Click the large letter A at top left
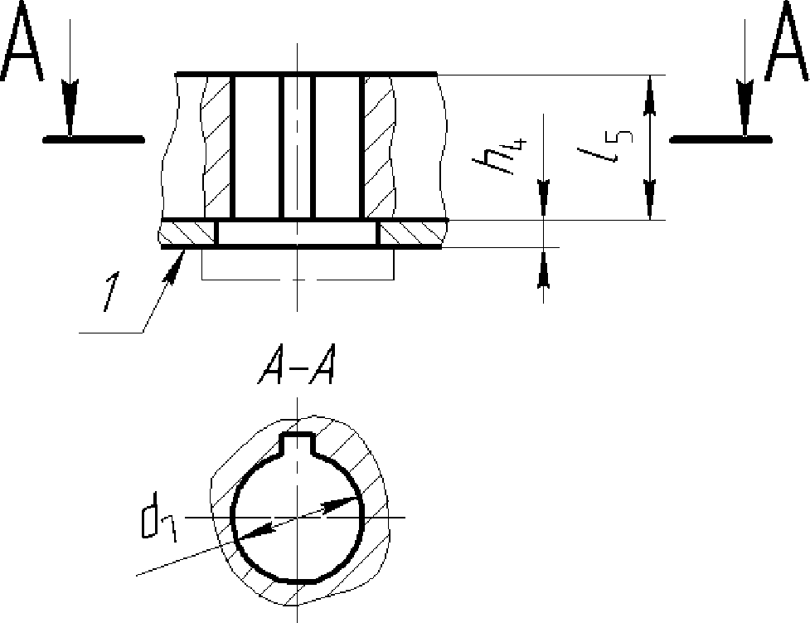pyautogui.click(x=21, y=41)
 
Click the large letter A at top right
pyautogui.click(x=788, y=41)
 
